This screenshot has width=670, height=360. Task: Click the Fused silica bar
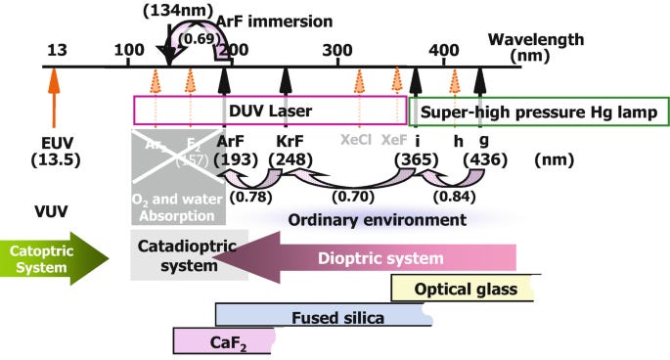323,317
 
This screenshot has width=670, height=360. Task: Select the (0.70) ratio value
348,197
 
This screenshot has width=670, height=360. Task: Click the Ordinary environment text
377,221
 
